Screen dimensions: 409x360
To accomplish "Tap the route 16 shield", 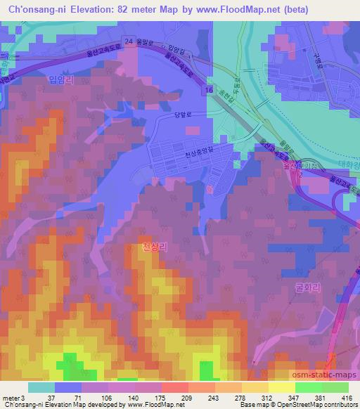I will (x=210, y=91).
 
